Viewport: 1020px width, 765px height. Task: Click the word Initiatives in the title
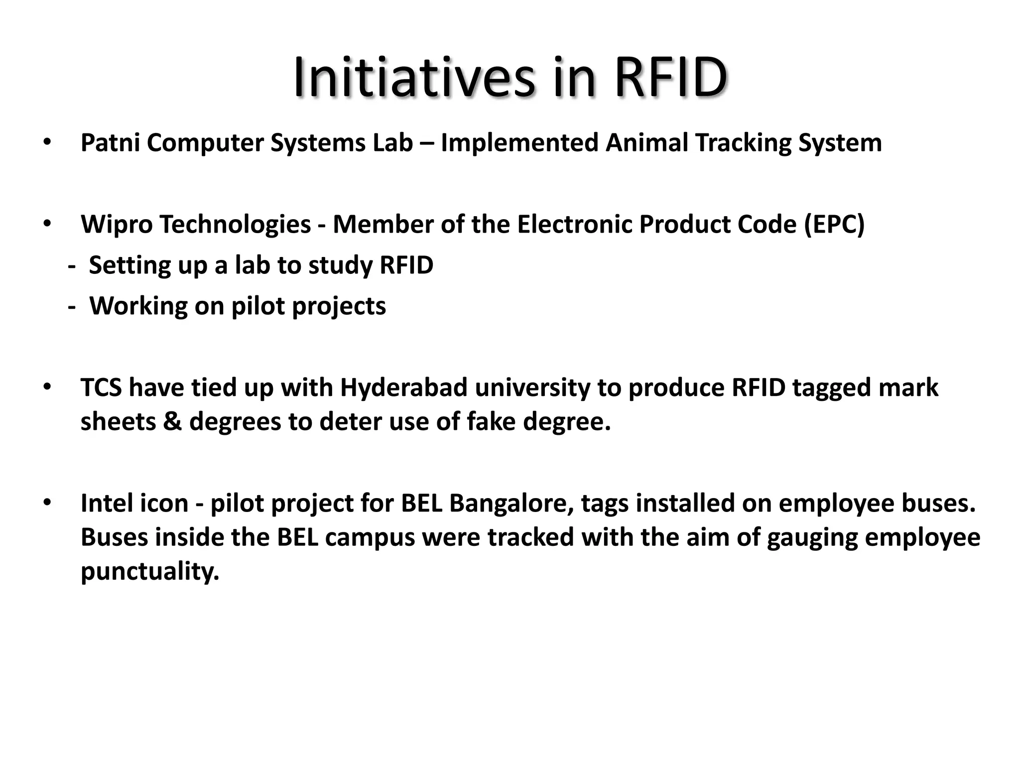pyautogui.click(x=413, y=78)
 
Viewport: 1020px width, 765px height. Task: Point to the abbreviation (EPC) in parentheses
pyautogui.click(x=834, y=225)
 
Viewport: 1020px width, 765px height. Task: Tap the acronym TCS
pyautogui.click(x=101, y=388)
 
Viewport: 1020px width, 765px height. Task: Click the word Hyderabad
pyautogui.click(x=403, y=388)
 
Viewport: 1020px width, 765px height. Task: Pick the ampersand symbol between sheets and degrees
pyautogui.click(x=172, y=422)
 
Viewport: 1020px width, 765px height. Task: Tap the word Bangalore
pyautogui.click(x=511, y=504)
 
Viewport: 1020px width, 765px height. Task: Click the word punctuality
pyautogui.click(x=150, y=571)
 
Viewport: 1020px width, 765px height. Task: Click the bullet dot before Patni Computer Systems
pyautogui.click(x=47, y=142)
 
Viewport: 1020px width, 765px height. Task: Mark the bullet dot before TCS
pyautogui.click(x=47, y=387)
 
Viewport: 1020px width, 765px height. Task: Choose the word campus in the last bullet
pyautogui.click(x=370, y=538)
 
